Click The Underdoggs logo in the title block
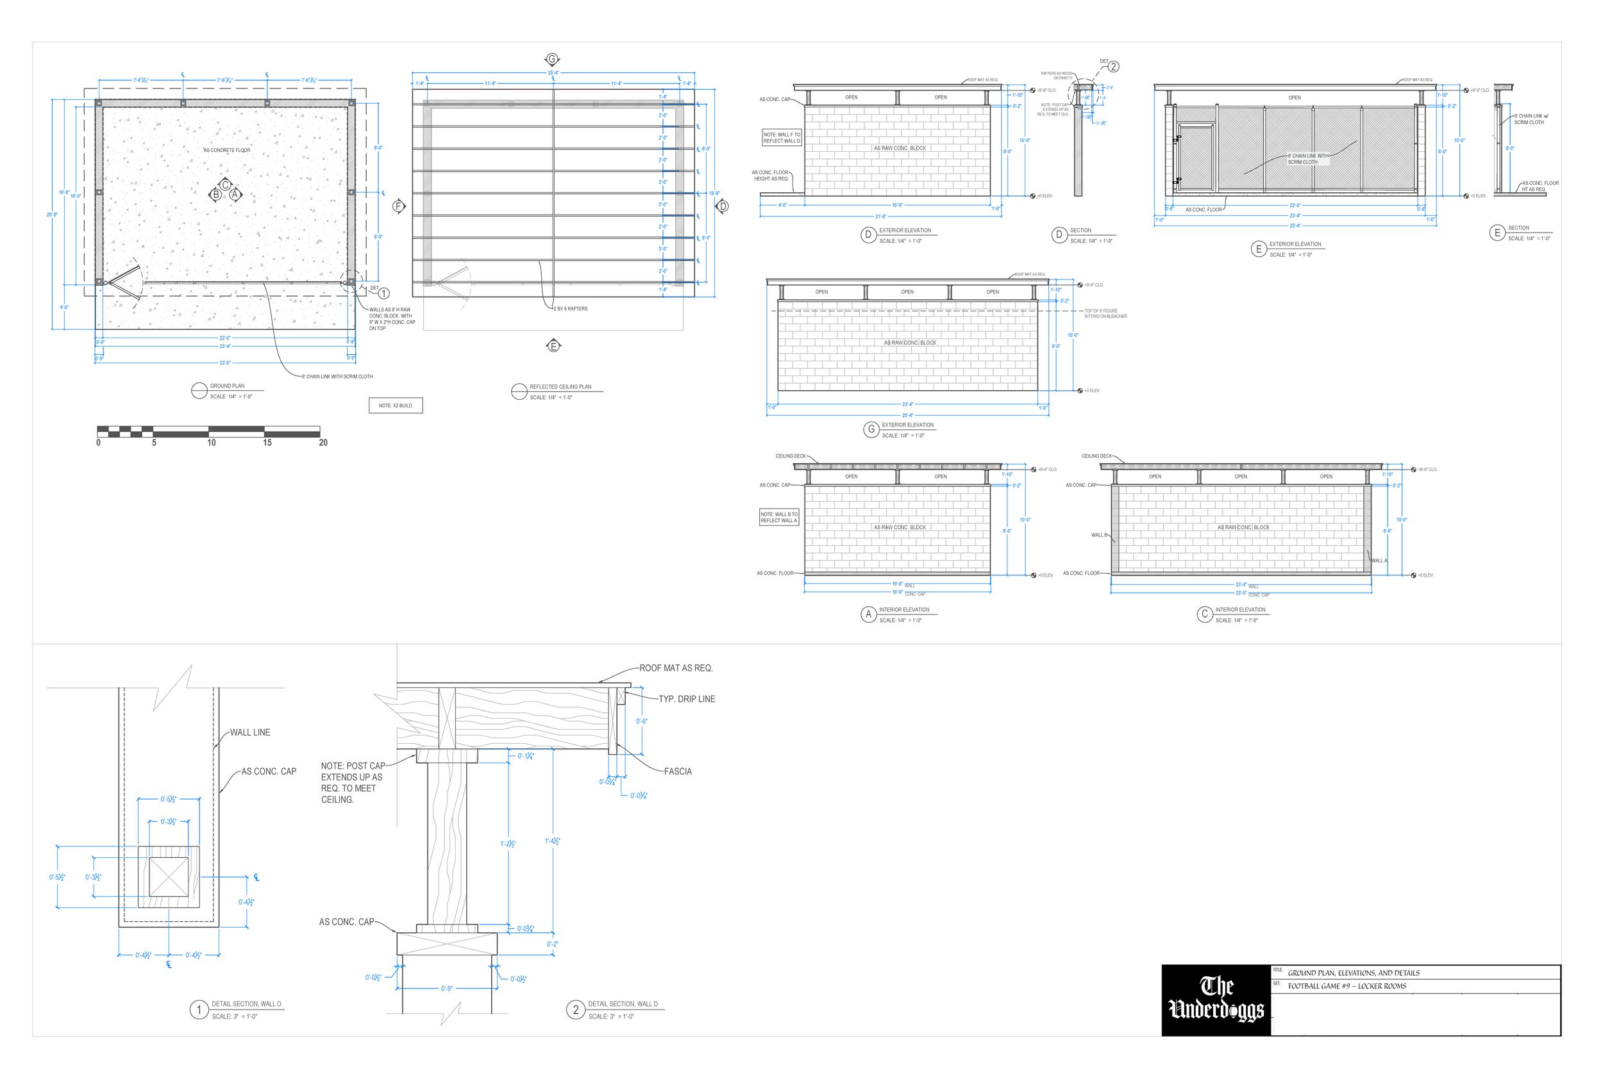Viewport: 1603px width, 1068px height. [x=1216, y=999]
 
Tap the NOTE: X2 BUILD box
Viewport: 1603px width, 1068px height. [x=395, y=406]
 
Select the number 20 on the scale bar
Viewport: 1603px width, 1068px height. [x=323, y=443]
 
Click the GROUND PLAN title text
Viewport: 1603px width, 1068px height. [x=227, y=386]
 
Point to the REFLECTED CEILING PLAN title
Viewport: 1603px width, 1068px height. [x=560, y=386]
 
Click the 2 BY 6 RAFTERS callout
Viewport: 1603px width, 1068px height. [x=571, y=309]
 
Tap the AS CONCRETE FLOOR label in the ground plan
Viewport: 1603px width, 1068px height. [x=226, y=150]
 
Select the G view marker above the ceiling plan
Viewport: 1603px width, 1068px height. [x=552, y=59]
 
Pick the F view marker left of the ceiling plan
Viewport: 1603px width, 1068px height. [x=399, y=206]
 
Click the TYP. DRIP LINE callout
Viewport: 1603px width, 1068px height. [x=686, y=699]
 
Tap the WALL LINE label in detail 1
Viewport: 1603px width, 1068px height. [x=249, y=732]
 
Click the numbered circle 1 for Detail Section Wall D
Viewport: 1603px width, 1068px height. [x=198, y=1010]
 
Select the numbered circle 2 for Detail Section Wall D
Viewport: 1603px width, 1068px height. [x=575, y=1010]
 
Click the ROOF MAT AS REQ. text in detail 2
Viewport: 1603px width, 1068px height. [x=675, y=668]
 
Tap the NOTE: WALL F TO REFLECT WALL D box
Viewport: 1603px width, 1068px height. [x=782, y=138]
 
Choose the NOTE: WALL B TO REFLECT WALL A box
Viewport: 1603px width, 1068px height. [x=779, y=517]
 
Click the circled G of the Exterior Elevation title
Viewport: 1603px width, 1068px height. [x=870, y=429]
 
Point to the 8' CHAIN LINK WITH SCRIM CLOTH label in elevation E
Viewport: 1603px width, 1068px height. [x=1307, y=159]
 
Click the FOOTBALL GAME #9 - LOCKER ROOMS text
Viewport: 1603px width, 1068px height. [x=1347, y=985]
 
